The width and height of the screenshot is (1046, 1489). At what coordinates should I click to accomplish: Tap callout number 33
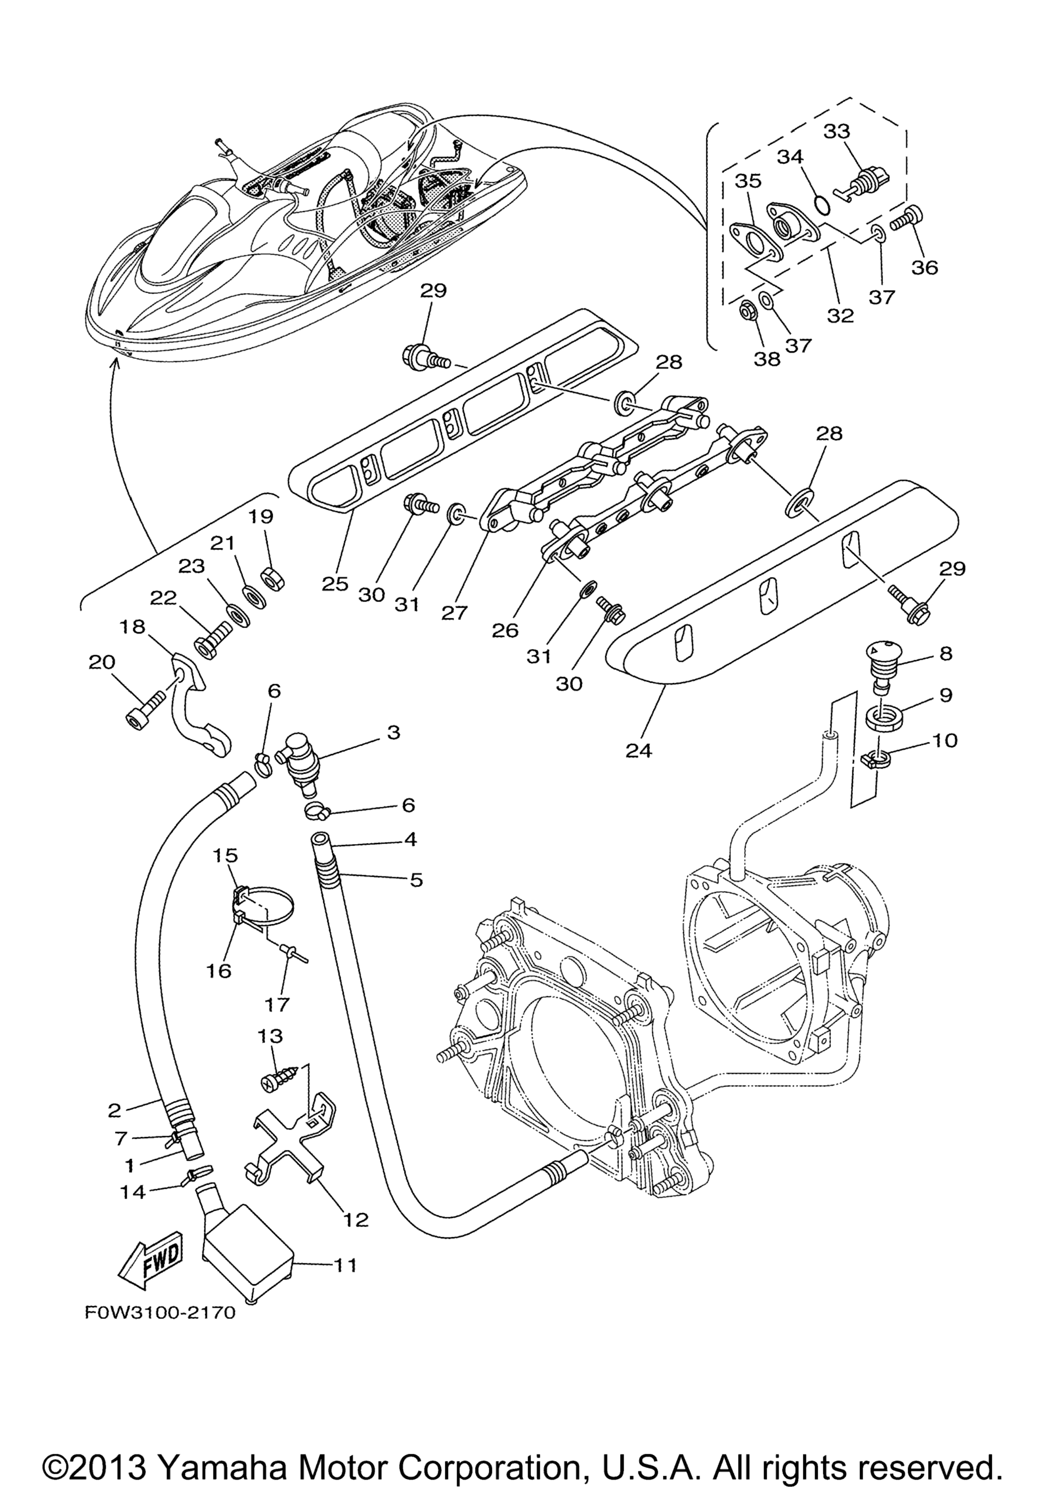point(837,131)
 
